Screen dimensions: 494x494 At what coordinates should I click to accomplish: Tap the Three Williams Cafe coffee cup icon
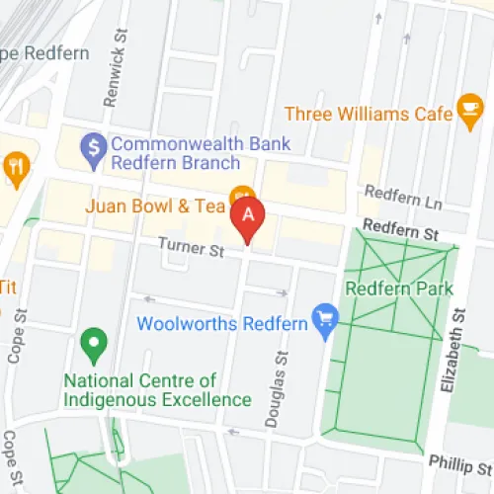[x=469, y=108]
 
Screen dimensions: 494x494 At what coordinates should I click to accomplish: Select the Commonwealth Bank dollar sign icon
[x=94, y=144]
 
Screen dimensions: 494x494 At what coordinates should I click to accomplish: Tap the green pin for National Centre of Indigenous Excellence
[x=94, y=346]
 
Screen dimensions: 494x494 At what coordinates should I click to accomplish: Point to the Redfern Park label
[x=399, y=289]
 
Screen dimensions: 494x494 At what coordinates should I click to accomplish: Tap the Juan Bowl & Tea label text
[x=157, y=206]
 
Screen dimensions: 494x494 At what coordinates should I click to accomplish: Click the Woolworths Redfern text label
[x=222, y=323]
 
